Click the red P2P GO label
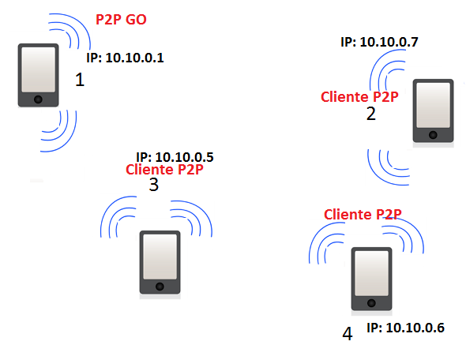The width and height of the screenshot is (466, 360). click(121, 20)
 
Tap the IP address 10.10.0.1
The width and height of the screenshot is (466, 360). click(125, 58)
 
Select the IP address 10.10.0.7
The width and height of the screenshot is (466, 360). click(379, 42)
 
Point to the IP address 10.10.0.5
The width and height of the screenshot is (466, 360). click(175, 157)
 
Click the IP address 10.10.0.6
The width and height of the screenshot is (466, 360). click(406, 328)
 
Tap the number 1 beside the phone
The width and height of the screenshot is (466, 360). click(80, 80)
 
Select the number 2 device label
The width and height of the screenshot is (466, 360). click(371, 114)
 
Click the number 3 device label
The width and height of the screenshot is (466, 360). click(154, 185)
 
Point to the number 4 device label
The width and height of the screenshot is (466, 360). click(348, 334)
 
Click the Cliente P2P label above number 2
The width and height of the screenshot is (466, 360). click(359, 97)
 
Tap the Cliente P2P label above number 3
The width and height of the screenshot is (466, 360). click(164, 169)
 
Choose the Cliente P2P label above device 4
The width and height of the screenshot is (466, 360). click(363, 214)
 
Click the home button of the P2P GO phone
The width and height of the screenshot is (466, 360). click(38, 99)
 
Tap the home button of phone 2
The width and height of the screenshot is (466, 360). click(433, 135)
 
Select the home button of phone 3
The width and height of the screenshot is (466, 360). click(160, 287)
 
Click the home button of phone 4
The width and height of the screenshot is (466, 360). click(371, 303)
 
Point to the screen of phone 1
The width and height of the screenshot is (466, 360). click(39, 69)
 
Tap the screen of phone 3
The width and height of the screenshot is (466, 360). click(160, 257)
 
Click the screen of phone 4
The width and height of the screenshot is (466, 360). click(371, 273)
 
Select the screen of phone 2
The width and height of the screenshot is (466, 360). click(434, 105)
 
